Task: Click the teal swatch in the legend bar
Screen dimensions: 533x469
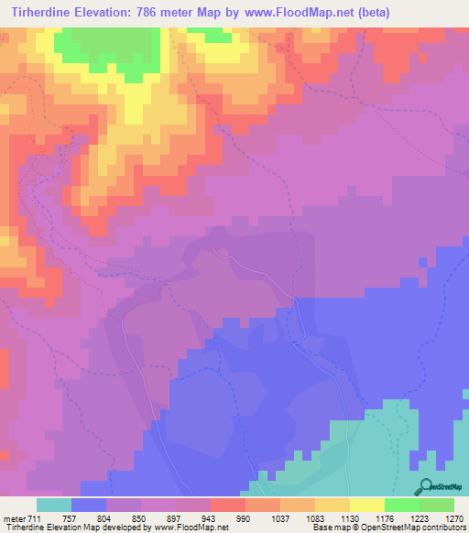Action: pos(54,506)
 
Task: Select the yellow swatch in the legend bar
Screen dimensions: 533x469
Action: pos(366,506)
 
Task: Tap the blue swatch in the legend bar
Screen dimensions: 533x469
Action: pos(89,506)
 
